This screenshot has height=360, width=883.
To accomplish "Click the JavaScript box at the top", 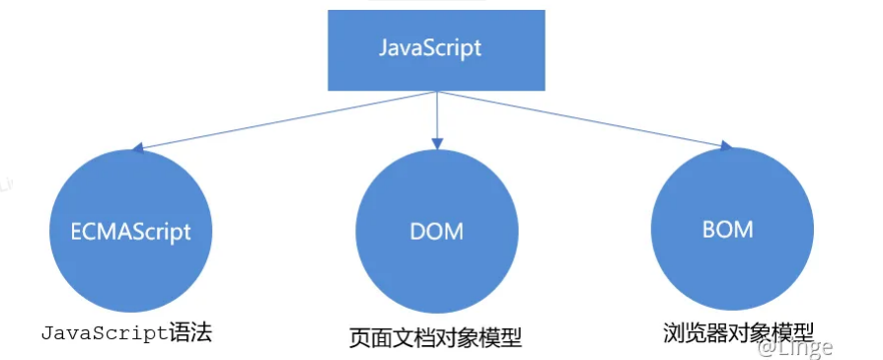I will click(x=436, y=48).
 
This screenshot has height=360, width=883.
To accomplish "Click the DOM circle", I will click(x=435, y=231).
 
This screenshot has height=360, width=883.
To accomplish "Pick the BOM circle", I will click(x=728, y=229).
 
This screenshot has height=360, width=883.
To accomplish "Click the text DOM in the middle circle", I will click(x=435, y=232).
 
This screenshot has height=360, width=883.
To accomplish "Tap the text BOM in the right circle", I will click(x=728, y=230).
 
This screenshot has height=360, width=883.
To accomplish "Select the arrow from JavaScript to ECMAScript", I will click(x=286, y=120).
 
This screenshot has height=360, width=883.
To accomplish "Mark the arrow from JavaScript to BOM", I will click(x=582, y=119).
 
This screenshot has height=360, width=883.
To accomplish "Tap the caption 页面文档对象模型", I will click(x=435, y=336).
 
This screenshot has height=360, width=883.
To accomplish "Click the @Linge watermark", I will click(x=794, y=347).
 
